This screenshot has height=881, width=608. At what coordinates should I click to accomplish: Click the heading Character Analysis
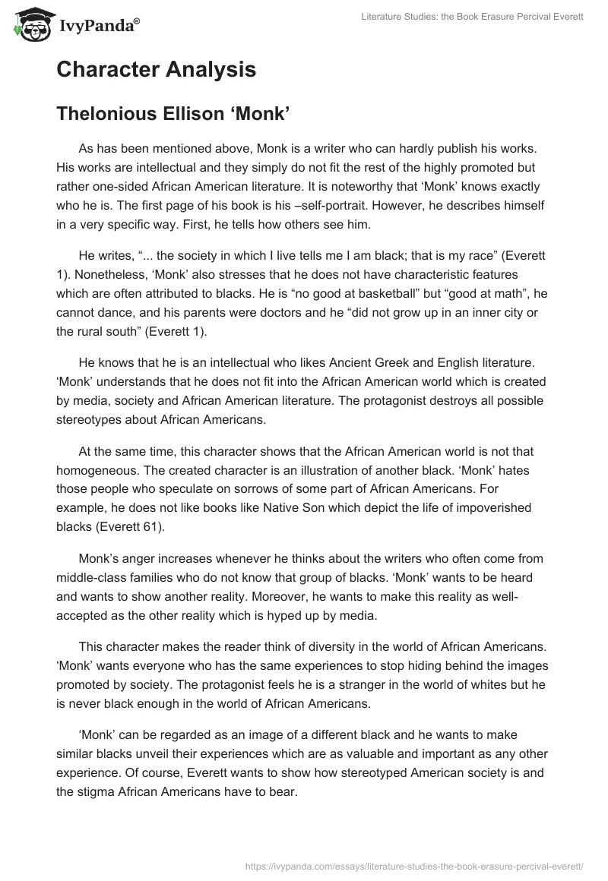coord(156,70)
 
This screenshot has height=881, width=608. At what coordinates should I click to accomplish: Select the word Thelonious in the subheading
coord(107,114)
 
